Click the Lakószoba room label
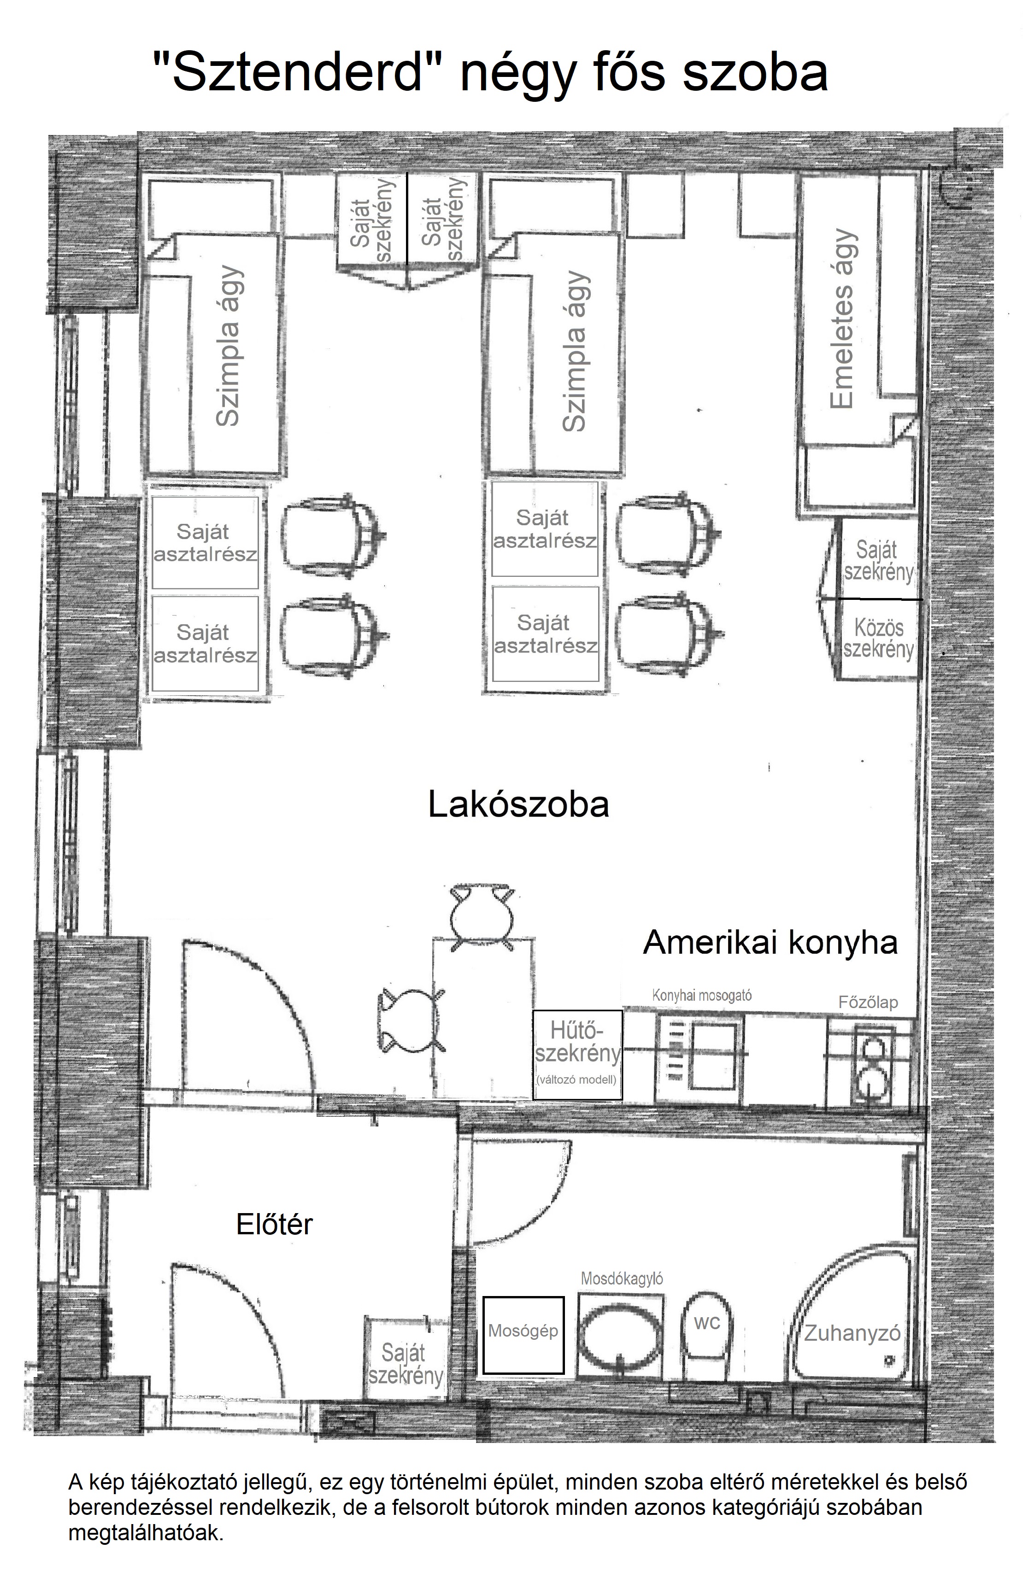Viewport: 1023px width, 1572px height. tap(518, 805)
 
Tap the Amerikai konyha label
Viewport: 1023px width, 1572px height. tap(770, 943)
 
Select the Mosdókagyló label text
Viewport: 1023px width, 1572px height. tap(622, 1279)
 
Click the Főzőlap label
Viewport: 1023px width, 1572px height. tap(868, 1002)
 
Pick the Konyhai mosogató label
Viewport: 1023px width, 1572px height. tap(702, 995)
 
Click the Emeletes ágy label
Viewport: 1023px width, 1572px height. tap(842, 319)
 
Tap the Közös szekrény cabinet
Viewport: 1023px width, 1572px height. tap(878, 639)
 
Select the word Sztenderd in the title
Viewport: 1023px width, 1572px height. tap(295, 71)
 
